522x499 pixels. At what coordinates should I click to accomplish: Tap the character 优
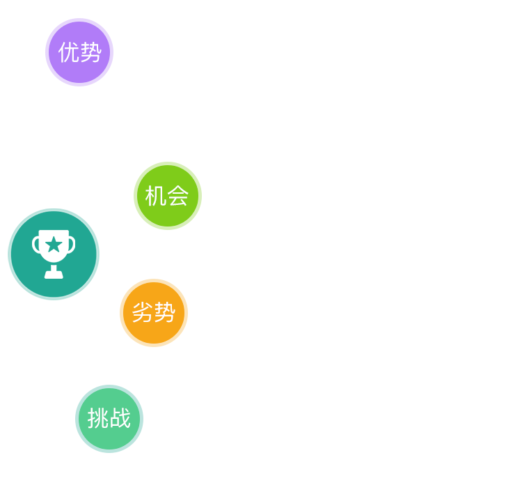pos(69,52)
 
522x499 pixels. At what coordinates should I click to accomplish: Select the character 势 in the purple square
pos(91,52)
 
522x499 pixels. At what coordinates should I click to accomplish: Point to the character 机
pos(156,197)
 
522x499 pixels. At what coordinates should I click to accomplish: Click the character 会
pos(178,197)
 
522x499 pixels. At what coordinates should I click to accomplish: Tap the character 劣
pos(143,313)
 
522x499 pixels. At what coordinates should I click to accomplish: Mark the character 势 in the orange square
pos(165,313)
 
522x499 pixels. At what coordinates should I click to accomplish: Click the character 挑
pos(98,419)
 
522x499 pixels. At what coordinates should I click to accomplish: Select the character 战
pos(120,419)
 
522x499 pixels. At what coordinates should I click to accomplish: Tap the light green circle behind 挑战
pos(109,436)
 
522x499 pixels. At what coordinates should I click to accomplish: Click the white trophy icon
pos(54,253)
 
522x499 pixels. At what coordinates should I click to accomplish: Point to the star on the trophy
pos(54,244)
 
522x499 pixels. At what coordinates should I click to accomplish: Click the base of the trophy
pos(54,275)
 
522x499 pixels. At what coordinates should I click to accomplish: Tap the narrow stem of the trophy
pos(54,267)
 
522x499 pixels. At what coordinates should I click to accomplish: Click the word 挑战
pos(109,419)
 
